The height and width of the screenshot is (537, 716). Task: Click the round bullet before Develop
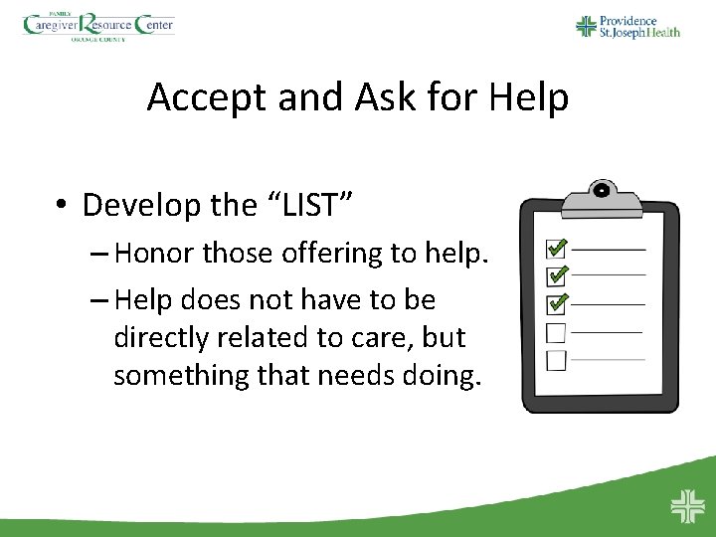63,206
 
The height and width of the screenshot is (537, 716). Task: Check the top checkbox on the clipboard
556,247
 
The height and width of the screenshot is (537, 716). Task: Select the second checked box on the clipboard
556,273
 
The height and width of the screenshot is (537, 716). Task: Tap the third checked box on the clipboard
556,301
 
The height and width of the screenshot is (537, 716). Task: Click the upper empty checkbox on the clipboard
556,331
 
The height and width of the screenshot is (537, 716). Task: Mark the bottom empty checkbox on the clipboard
556,360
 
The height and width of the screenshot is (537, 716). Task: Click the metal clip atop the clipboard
601,198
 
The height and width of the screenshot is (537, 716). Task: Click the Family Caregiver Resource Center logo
98,26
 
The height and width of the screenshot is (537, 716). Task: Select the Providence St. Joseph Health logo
628,26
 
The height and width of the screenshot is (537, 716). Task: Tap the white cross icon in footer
686,506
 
